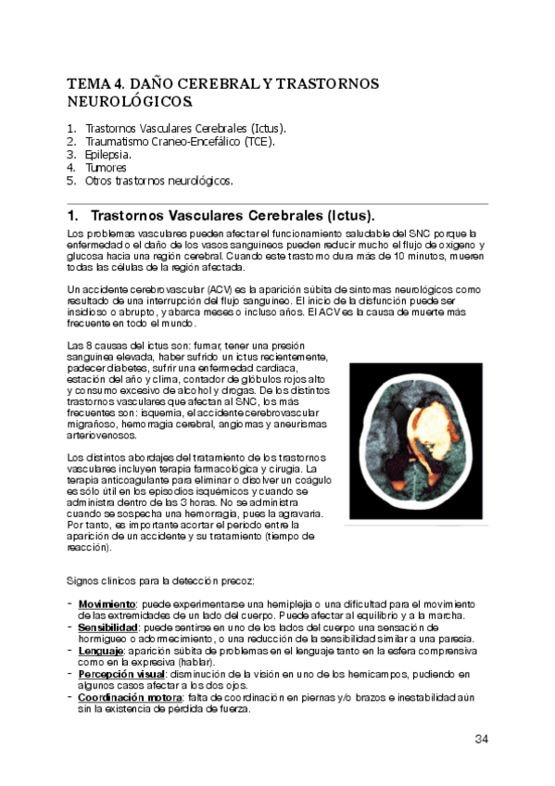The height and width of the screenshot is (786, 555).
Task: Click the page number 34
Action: (481, 739)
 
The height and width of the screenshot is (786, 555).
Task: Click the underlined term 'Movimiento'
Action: (107, 604)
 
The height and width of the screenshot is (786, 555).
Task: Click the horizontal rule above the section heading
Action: (277, 203)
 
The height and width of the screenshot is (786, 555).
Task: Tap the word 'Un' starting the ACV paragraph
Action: (74, 289)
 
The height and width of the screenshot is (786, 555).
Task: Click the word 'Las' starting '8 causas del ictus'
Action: (77, 346)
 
